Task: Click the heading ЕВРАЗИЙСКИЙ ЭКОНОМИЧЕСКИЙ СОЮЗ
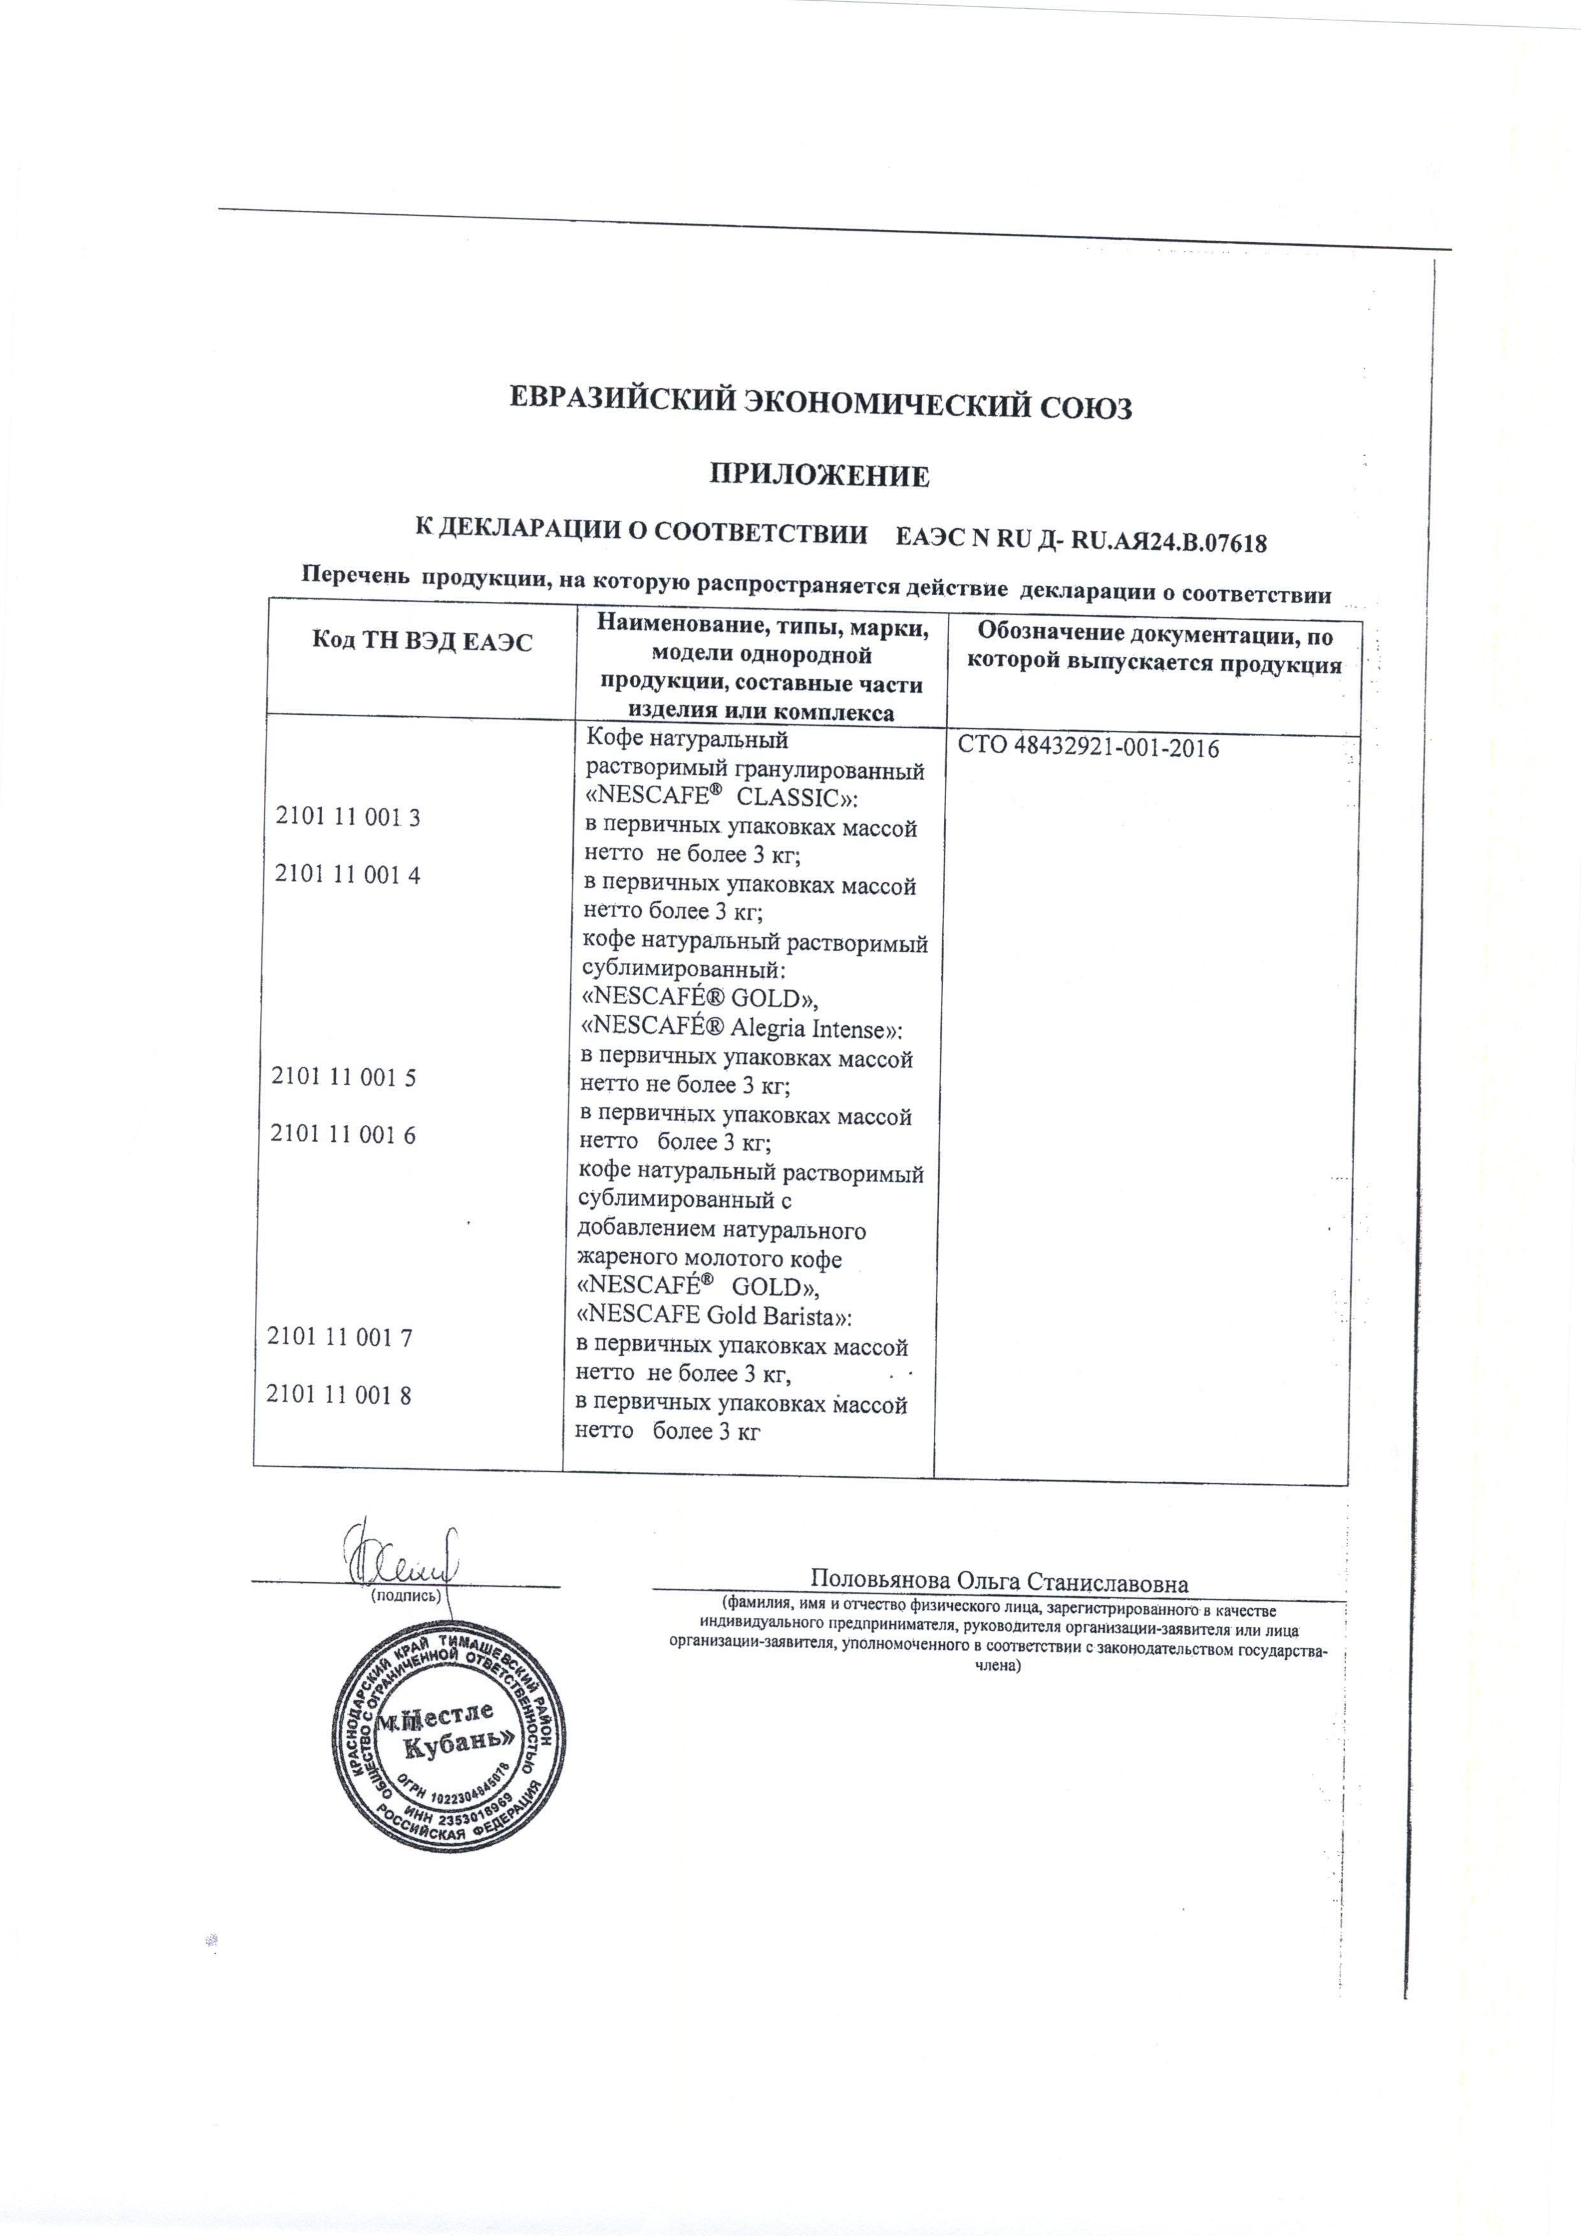pos(822,406)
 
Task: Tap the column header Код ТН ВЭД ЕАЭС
pos(422,642)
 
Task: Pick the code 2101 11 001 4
pos(348,874)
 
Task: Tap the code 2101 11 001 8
pos(340,1395)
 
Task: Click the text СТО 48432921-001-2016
pos(1089,748)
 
